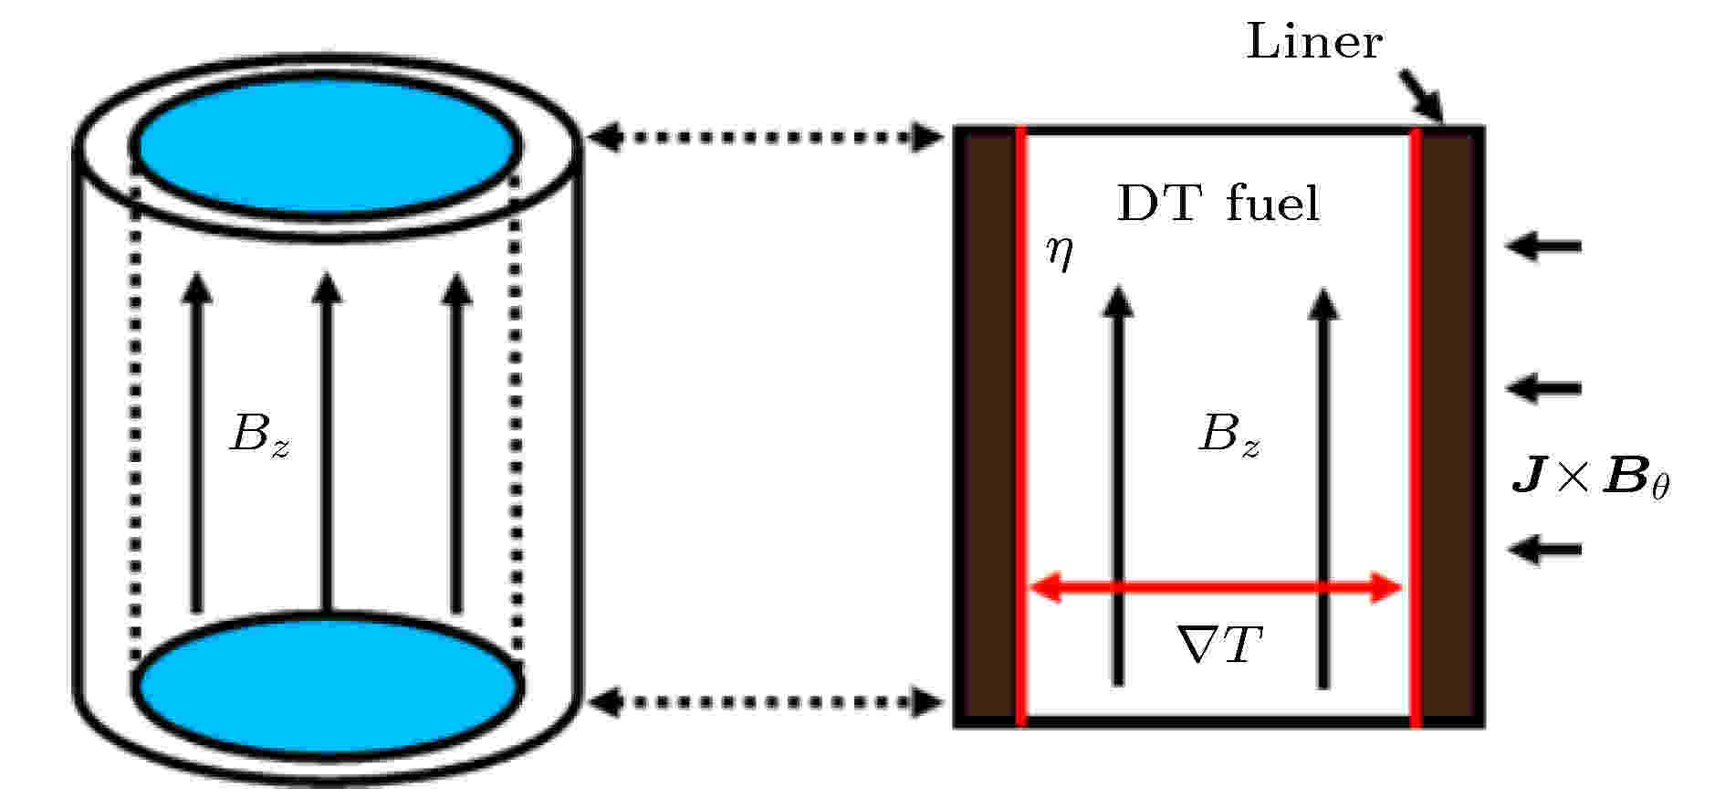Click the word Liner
pyautogui.click(x=1314, y=42)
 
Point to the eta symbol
pyautogui.click(x=1060, y=253)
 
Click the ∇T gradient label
pyautogui.click(x=1219, y=645)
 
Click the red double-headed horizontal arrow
pyautogui.click(x=1216, y=588)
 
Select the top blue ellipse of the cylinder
pyautogui.click(x=329, y=146)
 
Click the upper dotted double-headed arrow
pyautogui.click(x=765, y=138)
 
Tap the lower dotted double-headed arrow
pyautogui.click(x=765, y=702)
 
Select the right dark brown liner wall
pyautogui.click(x=1448, y=426)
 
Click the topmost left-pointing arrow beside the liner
pyautogui.click(x=1543, y=246)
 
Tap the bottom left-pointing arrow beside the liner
pyautogui.click(x=1543, y=549)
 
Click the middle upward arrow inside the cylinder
pyautogui.click(x=328, y=442)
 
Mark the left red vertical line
pyautogui.click(x=1021, y=426)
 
